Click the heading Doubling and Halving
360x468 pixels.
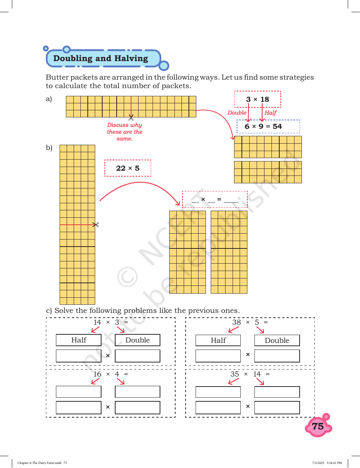(x=100, y=58)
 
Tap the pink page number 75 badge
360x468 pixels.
(x=318, y=426)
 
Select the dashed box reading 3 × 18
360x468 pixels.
(x=257, y=99)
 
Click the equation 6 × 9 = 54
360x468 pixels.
(x=263, y=126)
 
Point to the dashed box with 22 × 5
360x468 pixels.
(x=128, y=168)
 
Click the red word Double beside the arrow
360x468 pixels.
(x=237, y=113)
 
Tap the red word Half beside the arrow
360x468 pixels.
(x=270, y=113)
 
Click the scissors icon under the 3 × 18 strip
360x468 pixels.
(x=131, y=118)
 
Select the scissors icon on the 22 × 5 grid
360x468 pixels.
(x=96, y=225)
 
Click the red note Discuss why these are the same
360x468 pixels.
(x=124, y=131)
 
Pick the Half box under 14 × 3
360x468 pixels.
(x=79, y=340)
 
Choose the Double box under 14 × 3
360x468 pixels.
(x=137, y=340)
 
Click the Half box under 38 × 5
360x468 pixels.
(x=218, y=340)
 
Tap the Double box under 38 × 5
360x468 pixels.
(x=277, y=340)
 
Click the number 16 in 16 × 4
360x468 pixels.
(x=97, y=374)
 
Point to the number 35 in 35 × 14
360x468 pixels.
(x=234, y=374)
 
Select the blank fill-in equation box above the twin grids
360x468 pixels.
(x=215, y=200)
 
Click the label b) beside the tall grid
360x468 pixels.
(x=49, y=148)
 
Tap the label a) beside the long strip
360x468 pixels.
(x=49, y=99)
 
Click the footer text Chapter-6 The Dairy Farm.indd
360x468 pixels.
(x=39, y=462)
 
